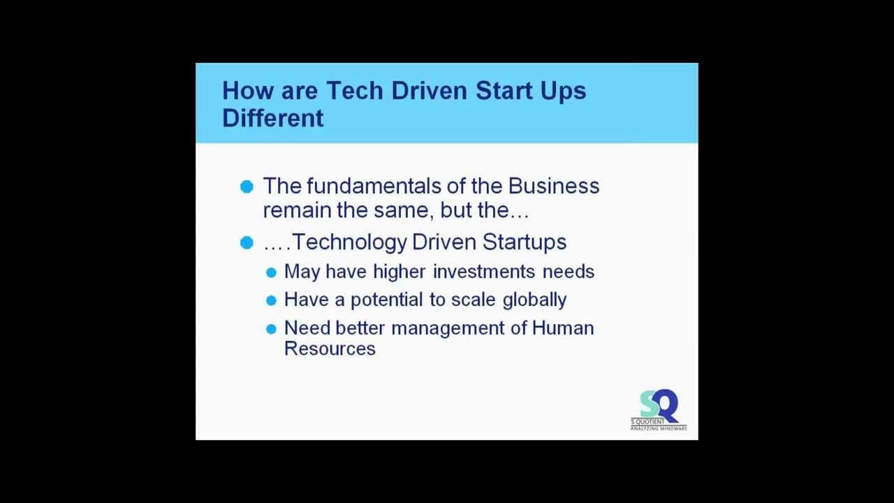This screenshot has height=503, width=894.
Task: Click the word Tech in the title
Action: coord(354,91)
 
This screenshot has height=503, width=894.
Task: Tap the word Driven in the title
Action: coord(429,91)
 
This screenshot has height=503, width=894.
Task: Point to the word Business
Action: coord(553,187)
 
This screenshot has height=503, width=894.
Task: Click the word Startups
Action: coord(524,242)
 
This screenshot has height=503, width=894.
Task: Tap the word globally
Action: coord(534,300)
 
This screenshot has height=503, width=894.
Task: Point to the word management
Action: coord(448,328)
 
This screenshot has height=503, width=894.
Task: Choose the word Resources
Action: coord(330,349)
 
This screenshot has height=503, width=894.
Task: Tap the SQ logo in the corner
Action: coord(658,410)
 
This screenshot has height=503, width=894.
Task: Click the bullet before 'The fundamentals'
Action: coord(247,187)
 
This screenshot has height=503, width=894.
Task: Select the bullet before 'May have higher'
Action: coord(271,272)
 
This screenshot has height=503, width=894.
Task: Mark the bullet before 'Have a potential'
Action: coord(271,300)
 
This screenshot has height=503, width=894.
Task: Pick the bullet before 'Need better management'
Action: coord(271,329)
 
